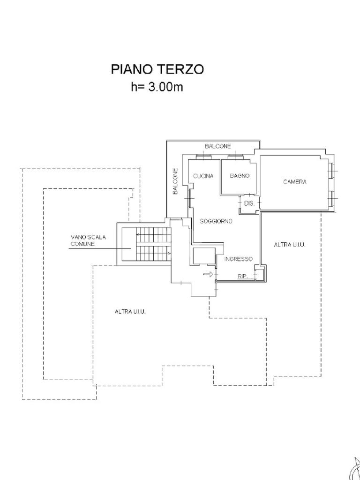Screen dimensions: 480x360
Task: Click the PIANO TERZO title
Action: (x=157, y=69)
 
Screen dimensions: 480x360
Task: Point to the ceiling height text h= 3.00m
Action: (x=157, y=87)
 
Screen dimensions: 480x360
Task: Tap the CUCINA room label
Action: (x=203, y=176)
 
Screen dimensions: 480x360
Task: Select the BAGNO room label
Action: (x=240, y=176)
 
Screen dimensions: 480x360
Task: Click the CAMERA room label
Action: (x=295, y=182)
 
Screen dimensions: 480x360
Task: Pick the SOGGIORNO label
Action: (x=216, y=221)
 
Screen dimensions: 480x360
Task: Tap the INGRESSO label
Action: (x=238, y=259)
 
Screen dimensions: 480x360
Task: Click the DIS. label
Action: (x=249, y=204)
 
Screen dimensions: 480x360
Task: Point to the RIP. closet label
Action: (x=242, y=277)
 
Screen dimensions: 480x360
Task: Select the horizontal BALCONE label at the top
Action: (x=218, y=147)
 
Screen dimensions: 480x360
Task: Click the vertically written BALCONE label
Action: (x=175, y=181)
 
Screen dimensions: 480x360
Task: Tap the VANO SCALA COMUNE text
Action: (x=88, y=241)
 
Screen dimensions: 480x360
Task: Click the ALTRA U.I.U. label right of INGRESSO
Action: (x=290, y=245)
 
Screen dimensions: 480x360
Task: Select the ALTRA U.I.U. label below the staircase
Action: (x=130, y=311)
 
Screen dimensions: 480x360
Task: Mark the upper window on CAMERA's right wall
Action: (x=332, y=172)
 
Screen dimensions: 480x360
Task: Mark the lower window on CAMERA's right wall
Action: (x=332, y=198)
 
